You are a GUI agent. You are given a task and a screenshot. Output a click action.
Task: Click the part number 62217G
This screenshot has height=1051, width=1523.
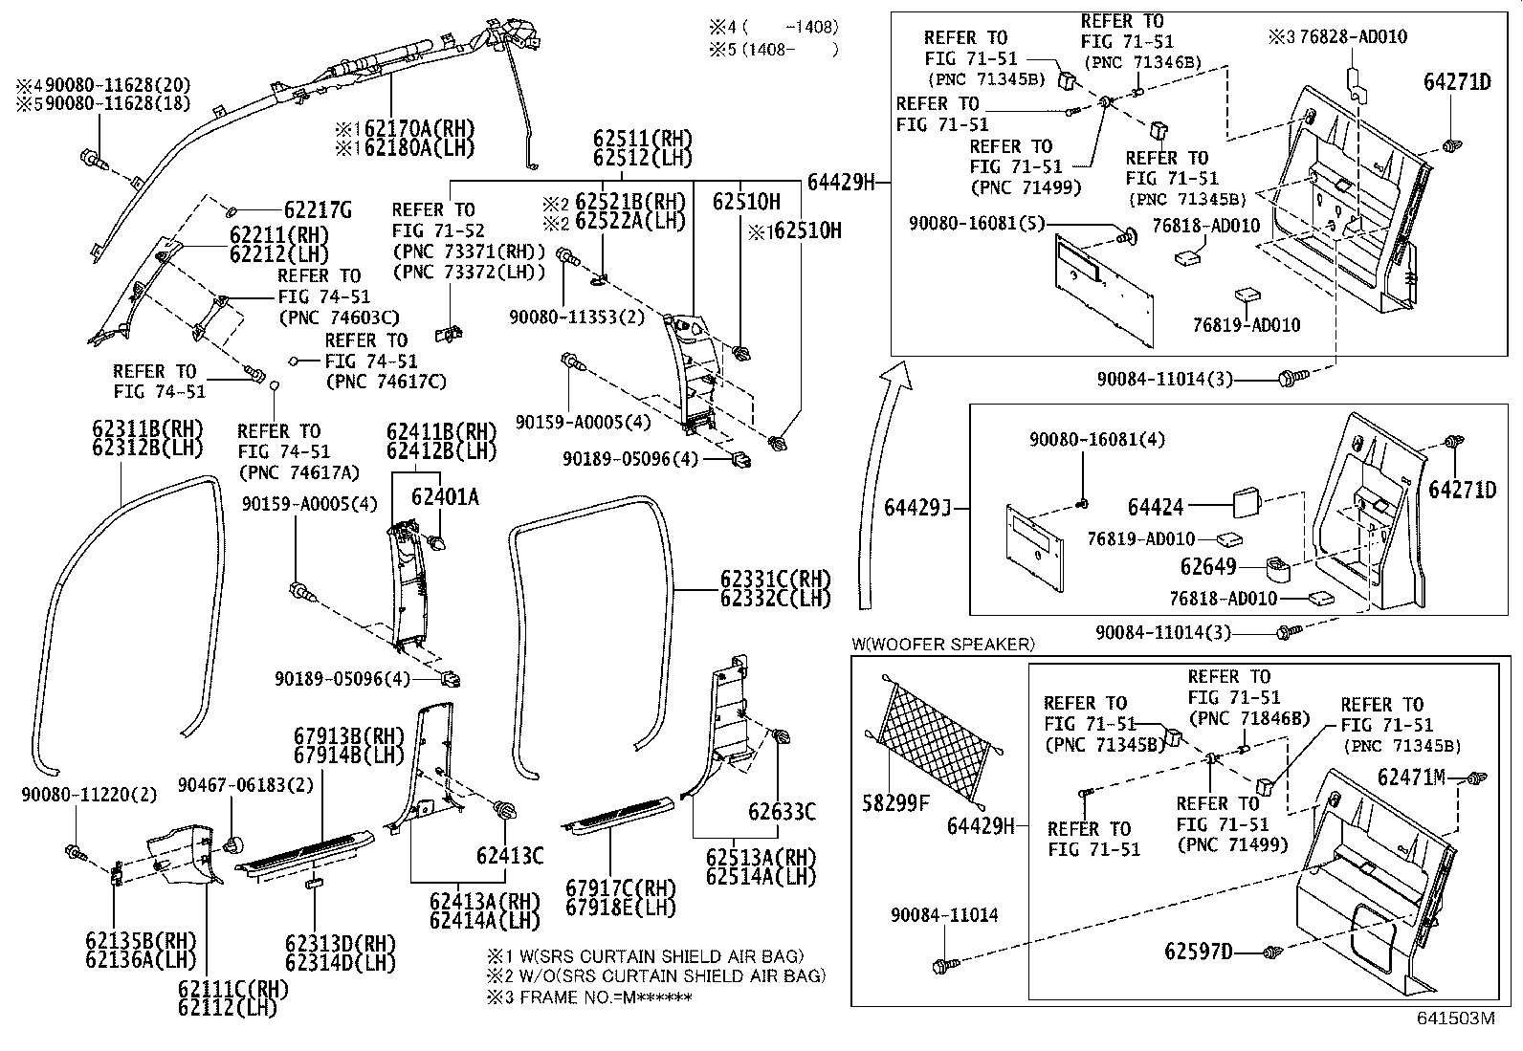(319, 210)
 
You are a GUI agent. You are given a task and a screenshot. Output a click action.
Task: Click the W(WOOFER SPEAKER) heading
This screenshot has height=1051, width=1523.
(942, 645)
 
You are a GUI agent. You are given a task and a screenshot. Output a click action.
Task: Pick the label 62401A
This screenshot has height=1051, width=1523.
(445, 497)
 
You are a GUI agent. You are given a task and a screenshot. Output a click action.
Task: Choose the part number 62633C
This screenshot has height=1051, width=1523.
(782, 813)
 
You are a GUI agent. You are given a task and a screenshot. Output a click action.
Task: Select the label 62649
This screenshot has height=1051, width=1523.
(1208, 567)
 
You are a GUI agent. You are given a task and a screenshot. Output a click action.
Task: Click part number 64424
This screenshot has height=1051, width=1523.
(1156, 508)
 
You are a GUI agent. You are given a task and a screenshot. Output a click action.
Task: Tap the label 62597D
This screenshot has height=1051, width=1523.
(1199, 952)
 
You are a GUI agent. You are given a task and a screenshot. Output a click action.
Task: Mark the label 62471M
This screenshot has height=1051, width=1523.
(1411, 777)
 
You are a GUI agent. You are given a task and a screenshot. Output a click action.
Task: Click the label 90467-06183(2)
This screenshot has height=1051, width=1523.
(246, 785)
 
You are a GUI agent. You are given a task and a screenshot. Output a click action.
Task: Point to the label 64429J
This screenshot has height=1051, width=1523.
(916, 508)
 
